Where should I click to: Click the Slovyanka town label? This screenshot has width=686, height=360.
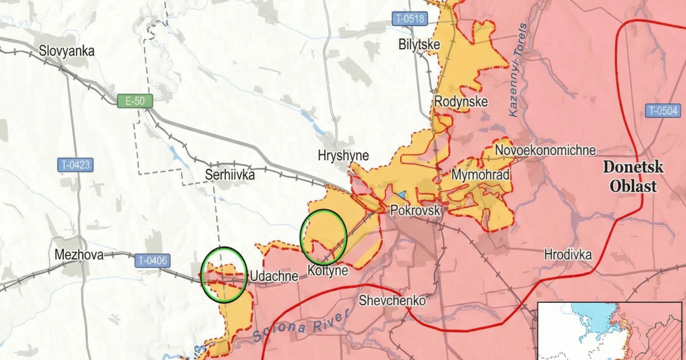[66, 51]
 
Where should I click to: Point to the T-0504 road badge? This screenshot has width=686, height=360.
[663, 111]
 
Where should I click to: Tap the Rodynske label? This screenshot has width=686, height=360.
[461, 102]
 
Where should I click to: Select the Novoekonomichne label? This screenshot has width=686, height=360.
[545, 150]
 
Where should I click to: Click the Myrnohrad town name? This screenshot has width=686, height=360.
[480, 175]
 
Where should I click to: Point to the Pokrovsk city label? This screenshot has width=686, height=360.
[415, 210]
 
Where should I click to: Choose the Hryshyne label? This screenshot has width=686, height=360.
[343, 155]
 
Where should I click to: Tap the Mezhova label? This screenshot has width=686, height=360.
[79, 255]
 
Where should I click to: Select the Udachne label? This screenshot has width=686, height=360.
[273, 277]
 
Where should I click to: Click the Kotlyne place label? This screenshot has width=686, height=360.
[327, 270]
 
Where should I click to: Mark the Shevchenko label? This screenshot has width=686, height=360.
[392, 301]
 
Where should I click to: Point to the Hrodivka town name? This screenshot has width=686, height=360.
[568, 254]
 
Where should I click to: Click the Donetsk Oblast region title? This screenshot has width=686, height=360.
[633, 177]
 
